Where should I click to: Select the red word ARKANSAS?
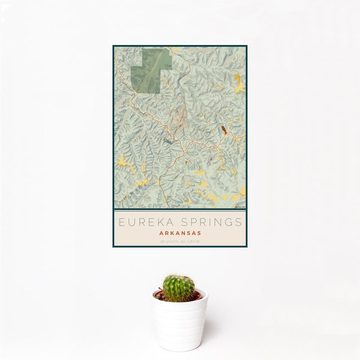coord(180,233)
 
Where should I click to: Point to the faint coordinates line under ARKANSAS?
coord(180,241)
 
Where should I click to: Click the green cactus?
coord(179,288)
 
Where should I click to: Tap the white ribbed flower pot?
coord(180,324)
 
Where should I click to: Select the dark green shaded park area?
coord(150,71)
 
